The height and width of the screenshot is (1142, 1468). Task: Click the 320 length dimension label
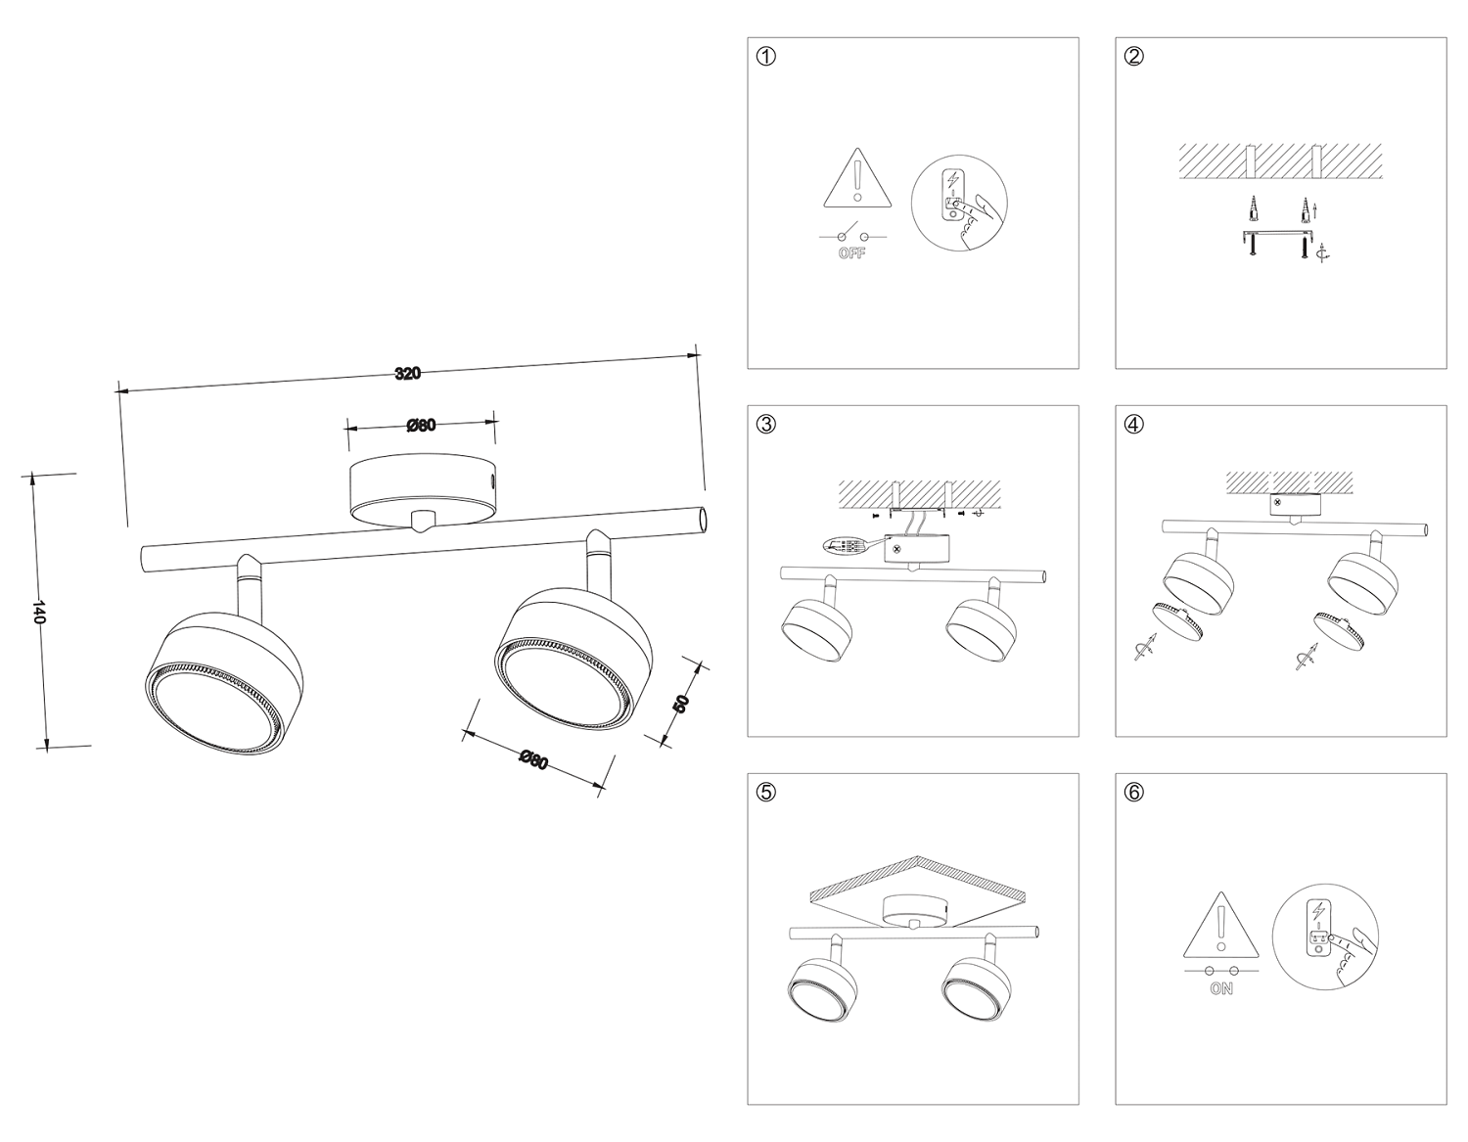point(408,373)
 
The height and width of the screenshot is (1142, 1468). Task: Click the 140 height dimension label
point(39,612)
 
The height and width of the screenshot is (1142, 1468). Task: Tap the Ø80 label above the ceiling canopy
point(421,425)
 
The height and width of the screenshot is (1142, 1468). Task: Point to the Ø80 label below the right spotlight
point(533,759)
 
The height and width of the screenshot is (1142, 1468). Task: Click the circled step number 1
point(767,56)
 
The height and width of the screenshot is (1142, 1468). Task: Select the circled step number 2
point(1134,56)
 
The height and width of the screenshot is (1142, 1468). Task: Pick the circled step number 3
point(767,424)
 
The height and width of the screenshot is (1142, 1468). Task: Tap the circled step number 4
point(1134,424)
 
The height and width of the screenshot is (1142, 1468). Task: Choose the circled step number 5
point(767,792)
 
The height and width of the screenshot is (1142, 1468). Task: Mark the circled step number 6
point(1134,792)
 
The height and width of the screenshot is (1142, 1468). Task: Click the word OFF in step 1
point(851,254)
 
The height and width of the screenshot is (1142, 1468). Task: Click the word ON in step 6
point(1220,989)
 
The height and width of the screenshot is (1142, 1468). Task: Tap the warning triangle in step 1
point(858,180)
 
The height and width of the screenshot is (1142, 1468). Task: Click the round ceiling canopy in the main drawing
point(424,487)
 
